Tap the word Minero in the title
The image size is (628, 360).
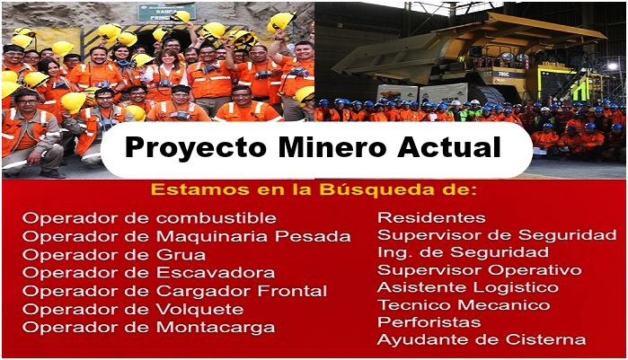click(332, 147)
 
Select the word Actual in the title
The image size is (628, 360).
click(449, 147)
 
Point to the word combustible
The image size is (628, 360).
click(217, 218)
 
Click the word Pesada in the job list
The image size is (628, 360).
click(313, 236)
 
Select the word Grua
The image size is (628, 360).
click(181, 255)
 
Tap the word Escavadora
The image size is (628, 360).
click(216, 273)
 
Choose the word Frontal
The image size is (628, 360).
click(292, 291)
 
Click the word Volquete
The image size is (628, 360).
click(199, 309)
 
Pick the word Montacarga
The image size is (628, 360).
click(216, 328)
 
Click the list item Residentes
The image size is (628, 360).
click(431, 217)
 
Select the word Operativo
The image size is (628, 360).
click(535, 270)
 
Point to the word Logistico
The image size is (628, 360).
click(516, 288)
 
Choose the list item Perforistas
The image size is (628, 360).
click(429, 322)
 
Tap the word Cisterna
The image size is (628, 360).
click(545, 340)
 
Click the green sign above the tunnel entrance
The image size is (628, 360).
click(167, 11)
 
